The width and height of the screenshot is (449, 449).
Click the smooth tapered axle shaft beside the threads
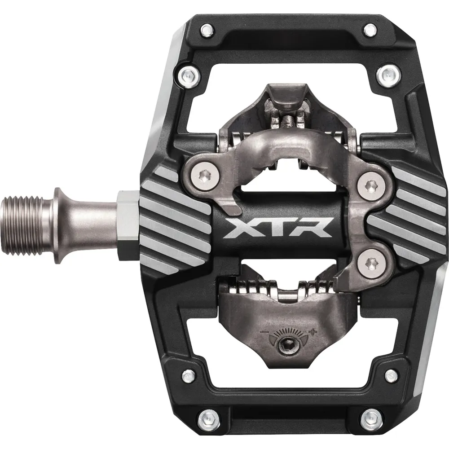[85, 224]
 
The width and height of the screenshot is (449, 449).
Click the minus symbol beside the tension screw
[263, 334]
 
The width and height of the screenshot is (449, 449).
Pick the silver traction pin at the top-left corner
[206, 31]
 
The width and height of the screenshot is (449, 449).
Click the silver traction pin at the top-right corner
[370, 31]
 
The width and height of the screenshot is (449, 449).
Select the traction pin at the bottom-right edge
[370, 418]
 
